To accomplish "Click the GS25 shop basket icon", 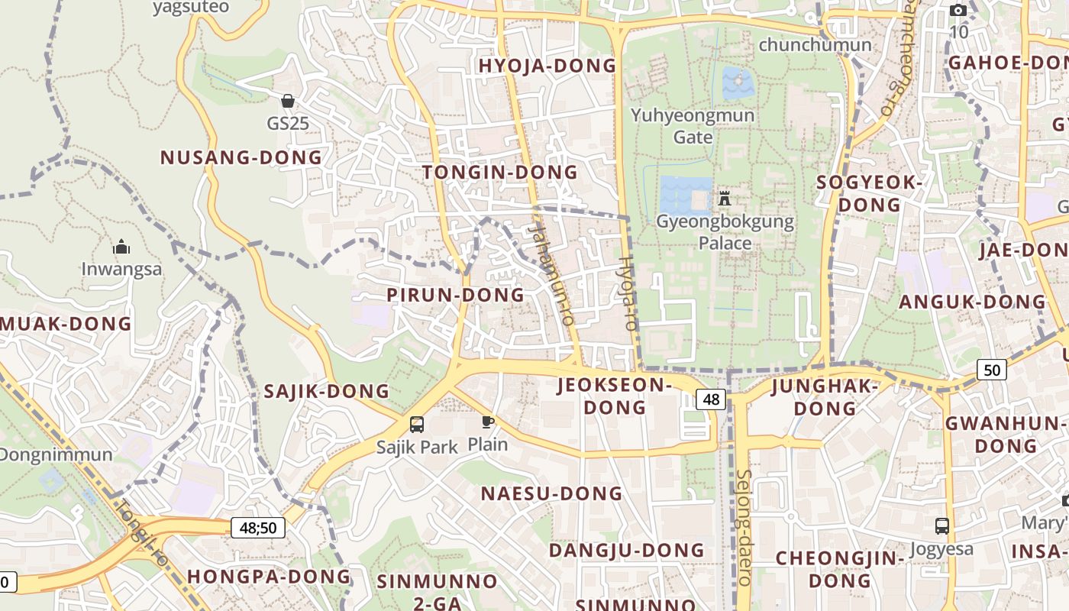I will [x=288, y=101].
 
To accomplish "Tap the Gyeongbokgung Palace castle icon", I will [x=725, y=199].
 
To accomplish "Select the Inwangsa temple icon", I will [x=121, y=247].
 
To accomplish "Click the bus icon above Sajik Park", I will [x=417, y=425].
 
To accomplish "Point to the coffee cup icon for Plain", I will [x=487, y=421].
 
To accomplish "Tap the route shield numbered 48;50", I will [x=257, y=527].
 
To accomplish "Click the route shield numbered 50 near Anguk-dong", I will [x=991, y=370].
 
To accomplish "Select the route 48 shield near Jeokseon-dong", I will [x=711, y=399].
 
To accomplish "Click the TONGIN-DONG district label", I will [x=500, y=173].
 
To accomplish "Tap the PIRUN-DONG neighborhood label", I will [x=455, y=295].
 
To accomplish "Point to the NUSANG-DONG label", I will [x=241, y=158].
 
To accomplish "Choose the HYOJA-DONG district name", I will [x=547, y=66].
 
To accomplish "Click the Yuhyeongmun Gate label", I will [x=693, y=126].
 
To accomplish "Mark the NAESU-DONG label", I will [x=551, y=493].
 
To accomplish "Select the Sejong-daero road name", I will [x=744, y=527].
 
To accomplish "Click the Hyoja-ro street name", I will [x=626, y=293].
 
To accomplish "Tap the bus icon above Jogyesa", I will [x=942, y=526].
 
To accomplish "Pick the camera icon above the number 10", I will [x=958, y=11].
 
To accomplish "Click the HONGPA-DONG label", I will [x=269, y=576].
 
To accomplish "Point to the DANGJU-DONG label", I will [x=626, y=550].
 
